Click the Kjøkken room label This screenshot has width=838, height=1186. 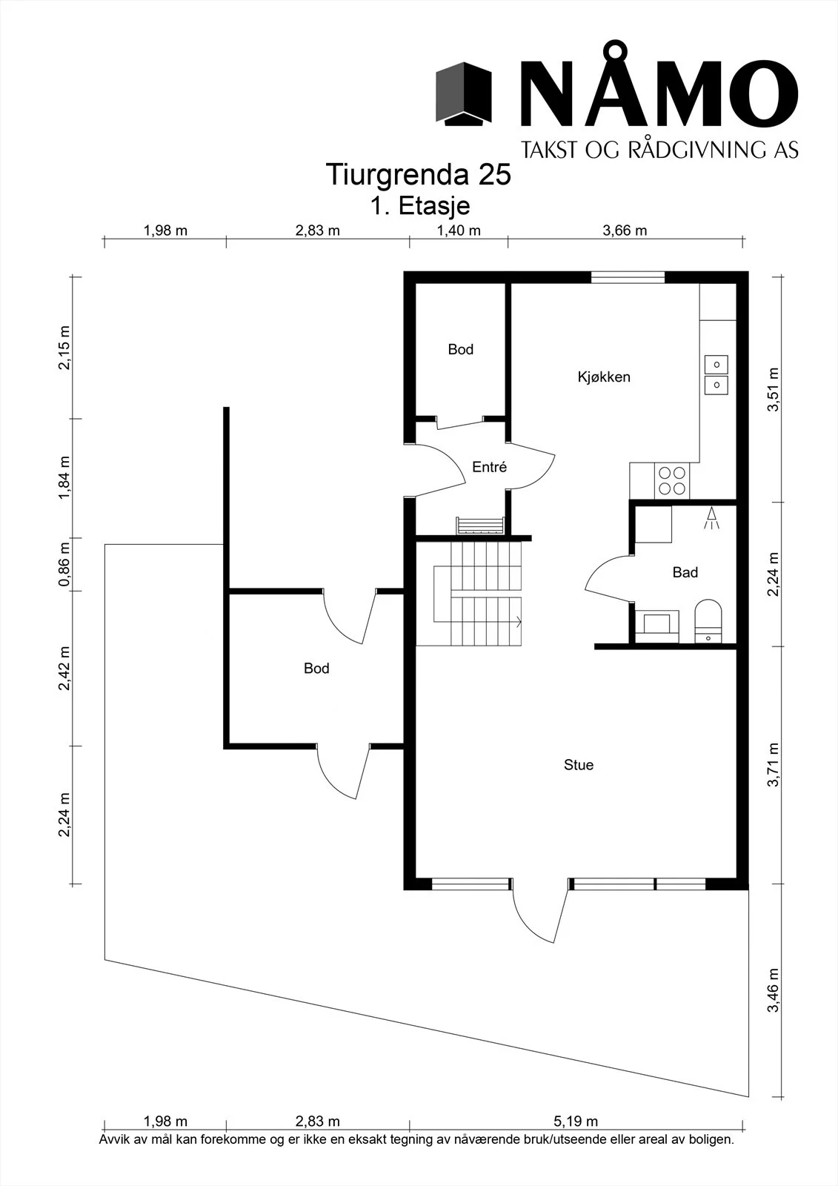[x=603, y=377]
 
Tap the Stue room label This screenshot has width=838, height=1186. [x=578, y=764]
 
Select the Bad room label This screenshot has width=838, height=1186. [x=685, y=572]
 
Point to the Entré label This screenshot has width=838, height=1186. [x=489, y=466]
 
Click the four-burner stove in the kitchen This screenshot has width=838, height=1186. [x=672, y=481]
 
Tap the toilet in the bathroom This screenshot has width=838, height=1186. [x=708, y=620]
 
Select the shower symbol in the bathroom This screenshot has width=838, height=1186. [x=711, y=518]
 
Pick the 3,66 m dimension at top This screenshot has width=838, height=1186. [x=625, y=231]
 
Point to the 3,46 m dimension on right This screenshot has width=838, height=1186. [x=774, y=990]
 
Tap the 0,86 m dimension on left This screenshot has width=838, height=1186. [x=64, y=564]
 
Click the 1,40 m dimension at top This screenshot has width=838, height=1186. [x=459, y=231]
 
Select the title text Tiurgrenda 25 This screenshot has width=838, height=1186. [x=418, y=174]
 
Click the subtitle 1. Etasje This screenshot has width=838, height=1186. [x=419, y=205]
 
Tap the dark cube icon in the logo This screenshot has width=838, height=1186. [x=464, y=94]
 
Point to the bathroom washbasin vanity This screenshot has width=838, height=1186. [x=656, y=626]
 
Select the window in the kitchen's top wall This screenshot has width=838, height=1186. [x=628, y=277]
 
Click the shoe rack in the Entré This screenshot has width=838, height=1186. [x=479, y=526]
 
